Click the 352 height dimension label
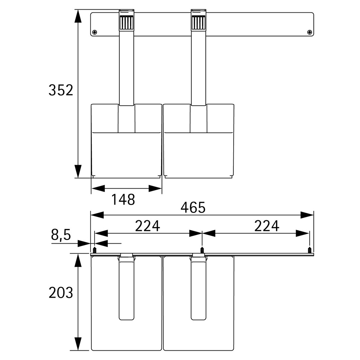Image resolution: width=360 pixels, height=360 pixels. tap(61, 90)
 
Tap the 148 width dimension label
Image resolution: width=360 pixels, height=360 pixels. tap(123, 200)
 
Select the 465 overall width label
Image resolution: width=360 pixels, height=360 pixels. tap(193, 208)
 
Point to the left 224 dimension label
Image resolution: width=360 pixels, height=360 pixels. tap(147, 226)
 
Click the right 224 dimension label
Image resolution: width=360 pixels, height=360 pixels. tap(267, 226)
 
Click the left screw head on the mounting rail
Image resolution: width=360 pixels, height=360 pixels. tap(95, 32)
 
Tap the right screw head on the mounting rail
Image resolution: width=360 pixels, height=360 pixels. tap(309, 32)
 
